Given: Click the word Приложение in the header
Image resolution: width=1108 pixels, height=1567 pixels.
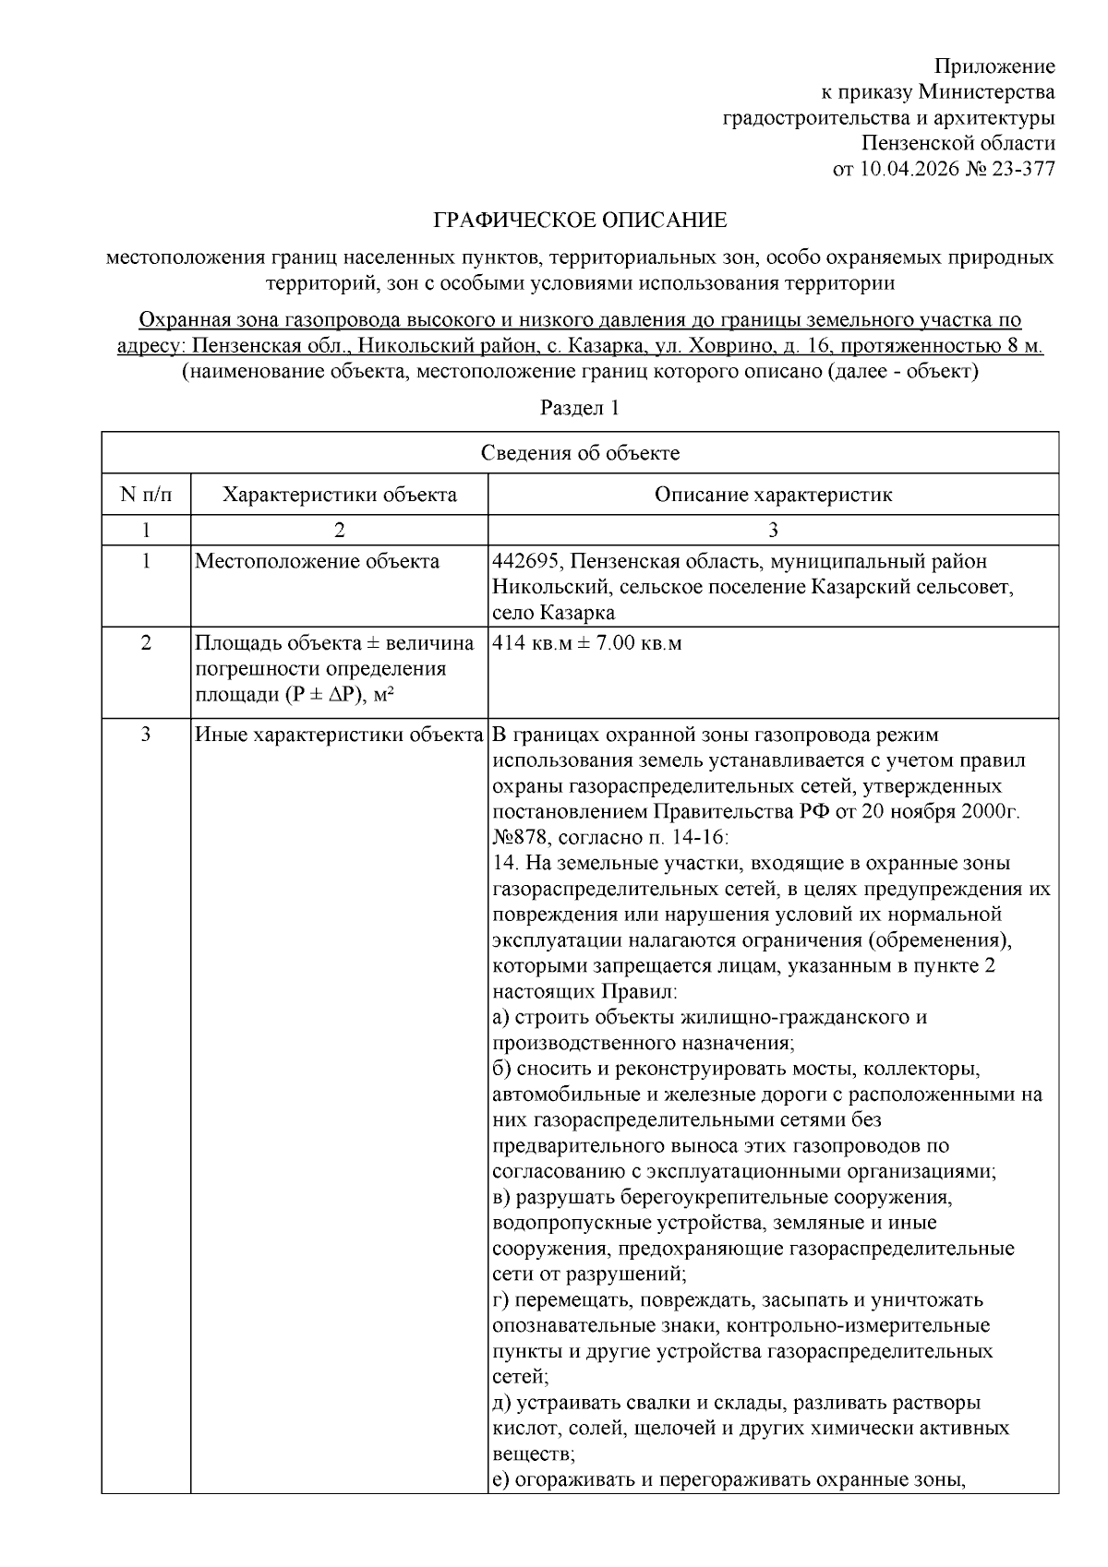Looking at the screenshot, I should [994, 66].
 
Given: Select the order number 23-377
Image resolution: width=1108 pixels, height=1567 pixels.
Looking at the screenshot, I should [1023, 169].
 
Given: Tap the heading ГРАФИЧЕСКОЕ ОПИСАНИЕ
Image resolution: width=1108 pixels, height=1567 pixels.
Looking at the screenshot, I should [580, 221].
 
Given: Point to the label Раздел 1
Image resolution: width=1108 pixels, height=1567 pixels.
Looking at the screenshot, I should [579, 408].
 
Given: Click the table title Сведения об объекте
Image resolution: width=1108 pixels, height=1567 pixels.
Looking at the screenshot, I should [580, 453].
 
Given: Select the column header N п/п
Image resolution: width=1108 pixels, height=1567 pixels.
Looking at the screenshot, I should [146, 495].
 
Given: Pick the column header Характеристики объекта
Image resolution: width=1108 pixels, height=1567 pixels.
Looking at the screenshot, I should [339, 495].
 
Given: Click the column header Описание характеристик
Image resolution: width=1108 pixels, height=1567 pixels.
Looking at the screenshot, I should [773, 495].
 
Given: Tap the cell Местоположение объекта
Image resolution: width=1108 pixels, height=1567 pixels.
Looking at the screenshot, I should [317, 562].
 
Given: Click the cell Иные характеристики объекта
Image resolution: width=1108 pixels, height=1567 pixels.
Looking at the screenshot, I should [339, 736].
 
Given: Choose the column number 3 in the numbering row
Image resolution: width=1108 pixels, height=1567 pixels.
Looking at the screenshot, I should [773, 530].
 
